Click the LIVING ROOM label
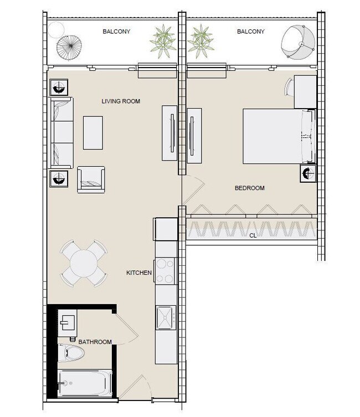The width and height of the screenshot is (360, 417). (x=121, y=101)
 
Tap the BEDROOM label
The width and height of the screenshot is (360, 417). (x=249, y=188)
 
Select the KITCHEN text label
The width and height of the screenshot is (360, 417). (x=139, y=272)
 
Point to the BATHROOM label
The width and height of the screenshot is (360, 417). (x=95, y=342)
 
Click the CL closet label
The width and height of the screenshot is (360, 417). (x=253, y=235)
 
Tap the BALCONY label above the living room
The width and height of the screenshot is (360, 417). (x=116, y=32)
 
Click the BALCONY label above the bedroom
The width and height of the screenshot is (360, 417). (x=251, y=32)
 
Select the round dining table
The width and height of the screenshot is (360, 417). (x=84, y=263)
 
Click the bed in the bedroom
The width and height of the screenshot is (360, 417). (x=279, y=136)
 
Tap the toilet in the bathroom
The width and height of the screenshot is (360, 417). (x=71, y=353)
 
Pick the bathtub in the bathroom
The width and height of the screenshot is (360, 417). (x=85, y=383)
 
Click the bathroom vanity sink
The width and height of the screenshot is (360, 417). (x=68, y=323)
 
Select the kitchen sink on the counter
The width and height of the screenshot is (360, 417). (x=166, y=317)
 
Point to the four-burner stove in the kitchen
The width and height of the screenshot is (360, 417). (x=165, y=271)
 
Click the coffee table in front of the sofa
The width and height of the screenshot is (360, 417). (x=93, y=132)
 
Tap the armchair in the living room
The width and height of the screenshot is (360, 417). (x=91, y=179)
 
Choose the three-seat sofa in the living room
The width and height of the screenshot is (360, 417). (x=61, y=133)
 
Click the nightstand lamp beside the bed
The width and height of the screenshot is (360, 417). (x=308, y=173)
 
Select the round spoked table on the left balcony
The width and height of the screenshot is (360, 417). (x=69, y=48)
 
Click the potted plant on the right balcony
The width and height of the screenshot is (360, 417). (x=200, y=41)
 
